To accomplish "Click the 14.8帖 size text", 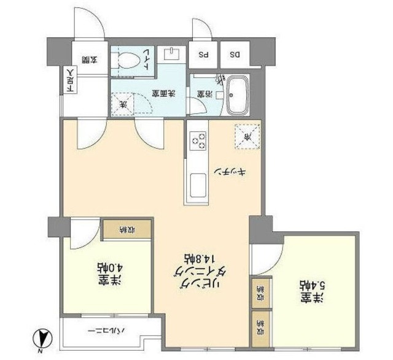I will (x=194, y=257).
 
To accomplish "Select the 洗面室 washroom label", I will (x=164, y=94).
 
